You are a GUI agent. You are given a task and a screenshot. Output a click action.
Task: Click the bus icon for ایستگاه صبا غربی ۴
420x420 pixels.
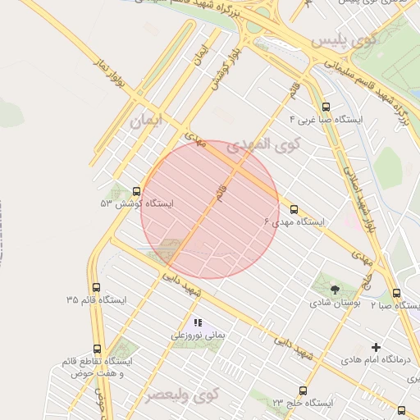pyautogui.click(x=326, y=107)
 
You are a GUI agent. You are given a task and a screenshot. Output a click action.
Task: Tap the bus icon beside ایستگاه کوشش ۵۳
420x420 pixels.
pyautogui.click(x=136, y=191)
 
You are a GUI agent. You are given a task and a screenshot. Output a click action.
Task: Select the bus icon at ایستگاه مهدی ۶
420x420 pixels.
pyautogui.click(x=294, y=210)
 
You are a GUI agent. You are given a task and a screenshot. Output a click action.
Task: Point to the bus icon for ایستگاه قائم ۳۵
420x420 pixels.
pyautogui.click(x=98, y=288)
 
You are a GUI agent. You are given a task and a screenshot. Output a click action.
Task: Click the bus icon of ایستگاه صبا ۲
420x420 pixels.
pyautogui.click(x=397, y=293)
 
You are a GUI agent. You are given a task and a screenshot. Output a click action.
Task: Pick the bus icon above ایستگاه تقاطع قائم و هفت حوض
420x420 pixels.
pyautogui.click(x=98, y=349)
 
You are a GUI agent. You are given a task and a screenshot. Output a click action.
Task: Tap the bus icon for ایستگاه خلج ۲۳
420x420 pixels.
pyautogui.click(x=304, y=390)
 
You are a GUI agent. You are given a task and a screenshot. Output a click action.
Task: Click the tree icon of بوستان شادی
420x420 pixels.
pyautogui.click(x=335, y=289)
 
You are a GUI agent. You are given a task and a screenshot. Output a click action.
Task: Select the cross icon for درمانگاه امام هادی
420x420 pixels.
pyautogui.click(x=377, y=347)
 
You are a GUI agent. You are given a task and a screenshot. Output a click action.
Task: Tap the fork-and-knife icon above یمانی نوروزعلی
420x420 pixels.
pyautogui.click(x=198, y=322)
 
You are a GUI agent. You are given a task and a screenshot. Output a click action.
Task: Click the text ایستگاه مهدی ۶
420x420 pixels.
pyautogui.click(x=293, y=222)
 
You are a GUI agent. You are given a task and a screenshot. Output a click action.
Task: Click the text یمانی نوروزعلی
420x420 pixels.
pyautogui.click(x=197, y=335)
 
